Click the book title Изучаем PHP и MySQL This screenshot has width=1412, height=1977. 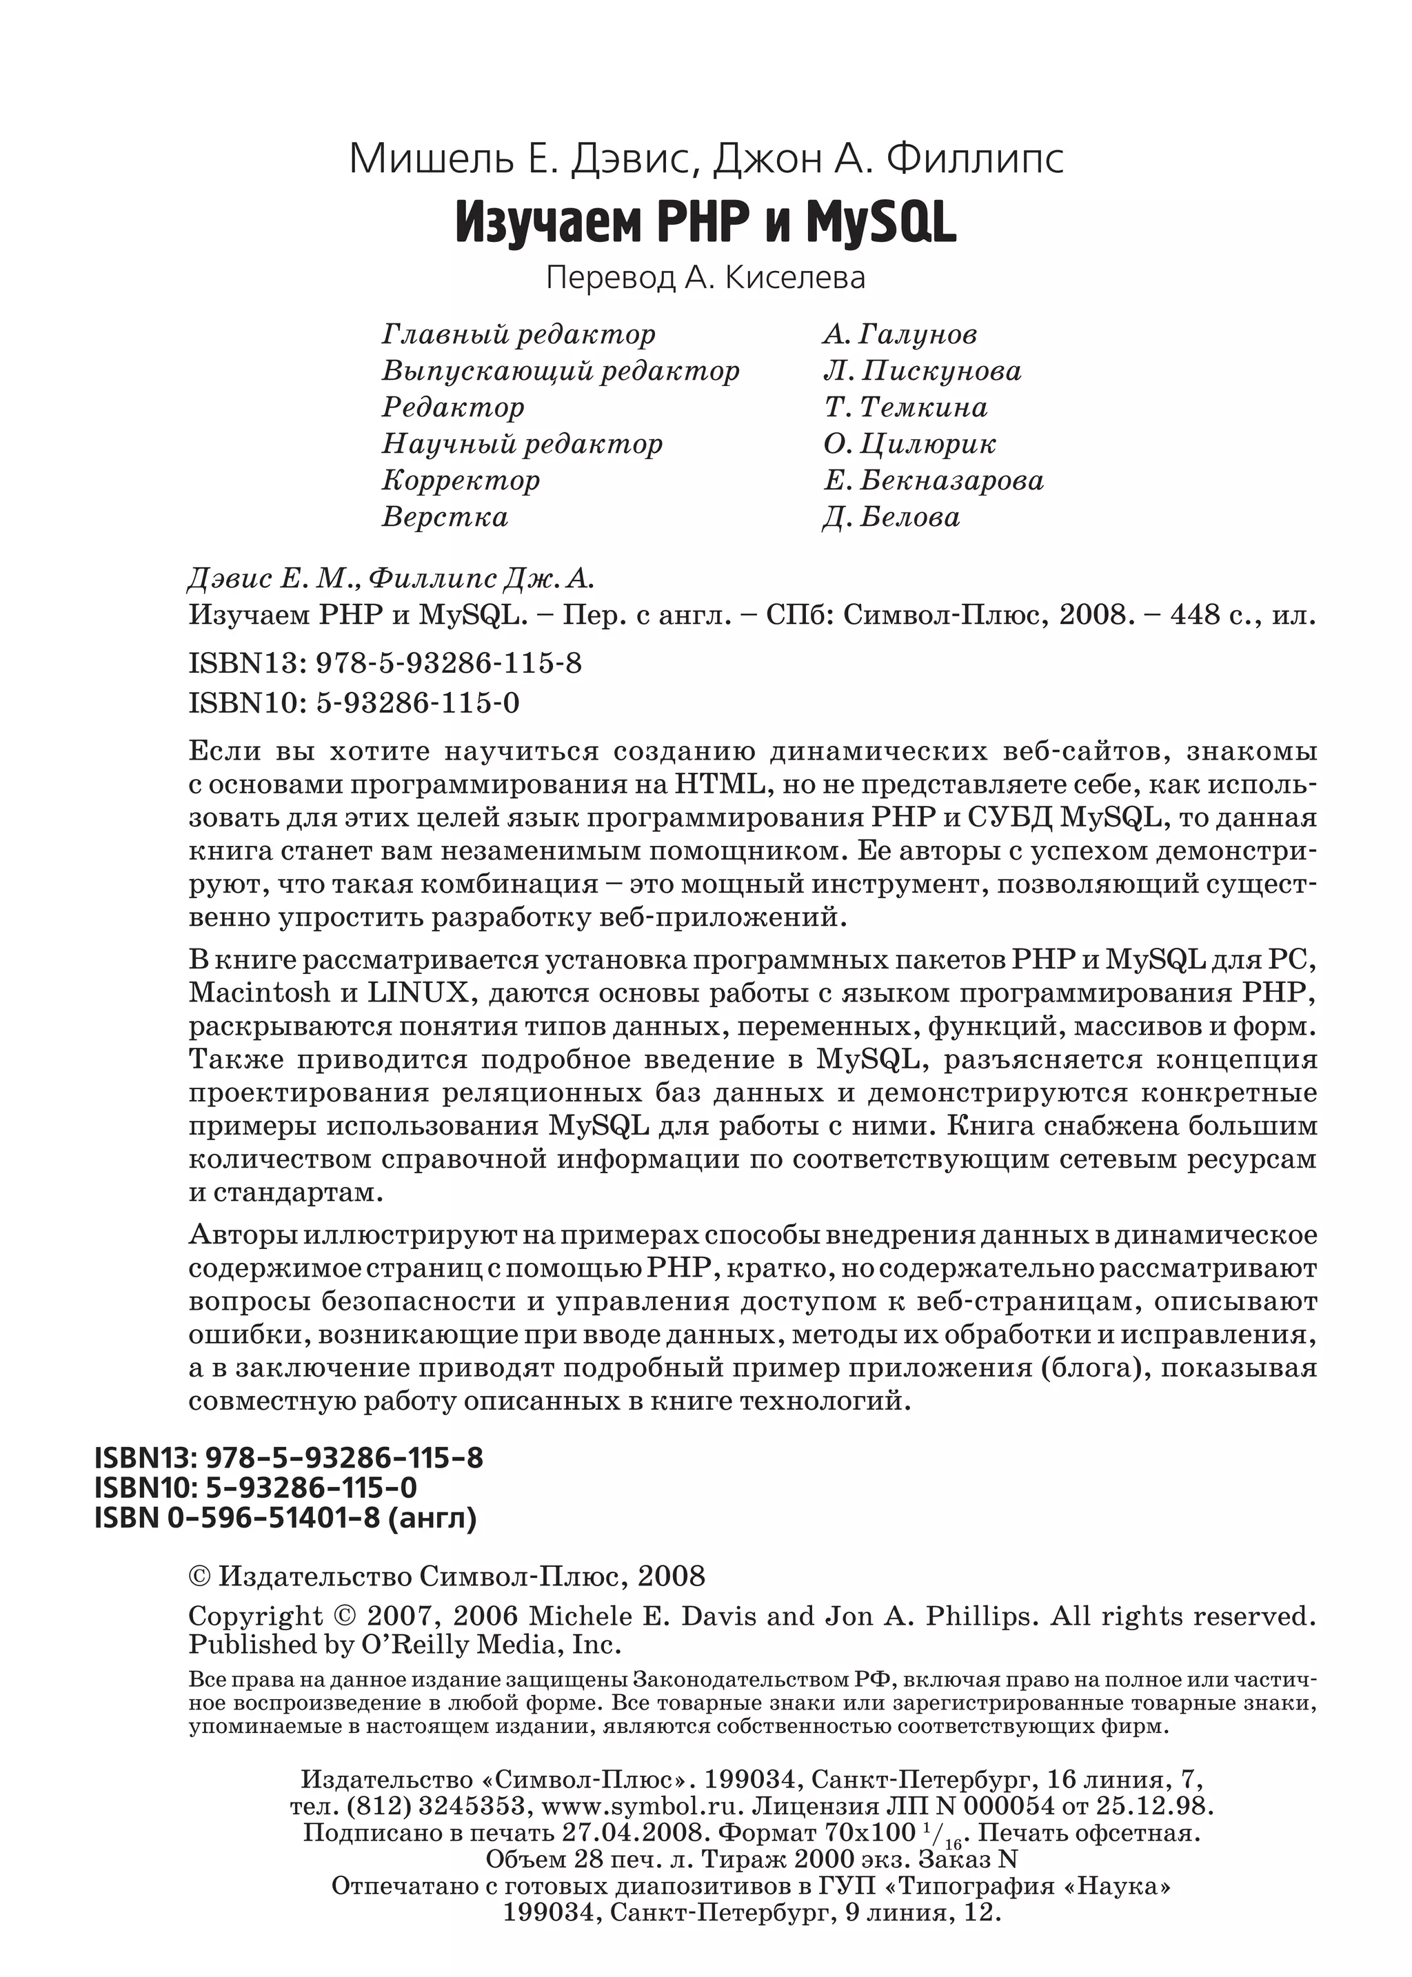(705, 223)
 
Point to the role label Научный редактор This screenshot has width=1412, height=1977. (522, 443)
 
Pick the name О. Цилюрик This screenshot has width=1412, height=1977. (909, 443)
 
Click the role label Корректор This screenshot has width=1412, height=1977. (461, 480)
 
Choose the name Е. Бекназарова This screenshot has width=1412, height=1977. (933, 480)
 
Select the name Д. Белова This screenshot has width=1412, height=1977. (891, 516)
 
